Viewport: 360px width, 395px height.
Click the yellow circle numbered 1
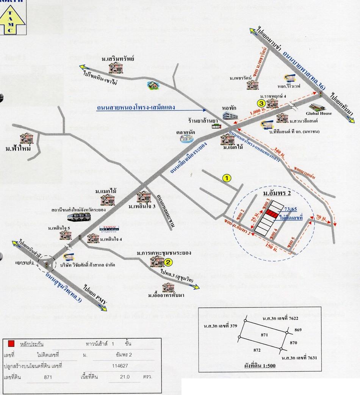226,177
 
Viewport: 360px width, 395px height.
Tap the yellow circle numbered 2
169,262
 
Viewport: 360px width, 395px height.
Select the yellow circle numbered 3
261,102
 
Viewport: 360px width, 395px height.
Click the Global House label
319,113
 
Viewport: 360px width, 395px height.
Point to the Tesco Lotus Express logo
106,227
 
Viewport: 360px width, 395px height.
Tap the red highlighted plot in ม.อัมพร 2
271,214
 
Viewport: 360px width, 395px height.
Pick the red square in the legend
11,344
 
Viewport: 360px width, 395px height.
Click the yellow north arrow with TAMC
13,18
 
